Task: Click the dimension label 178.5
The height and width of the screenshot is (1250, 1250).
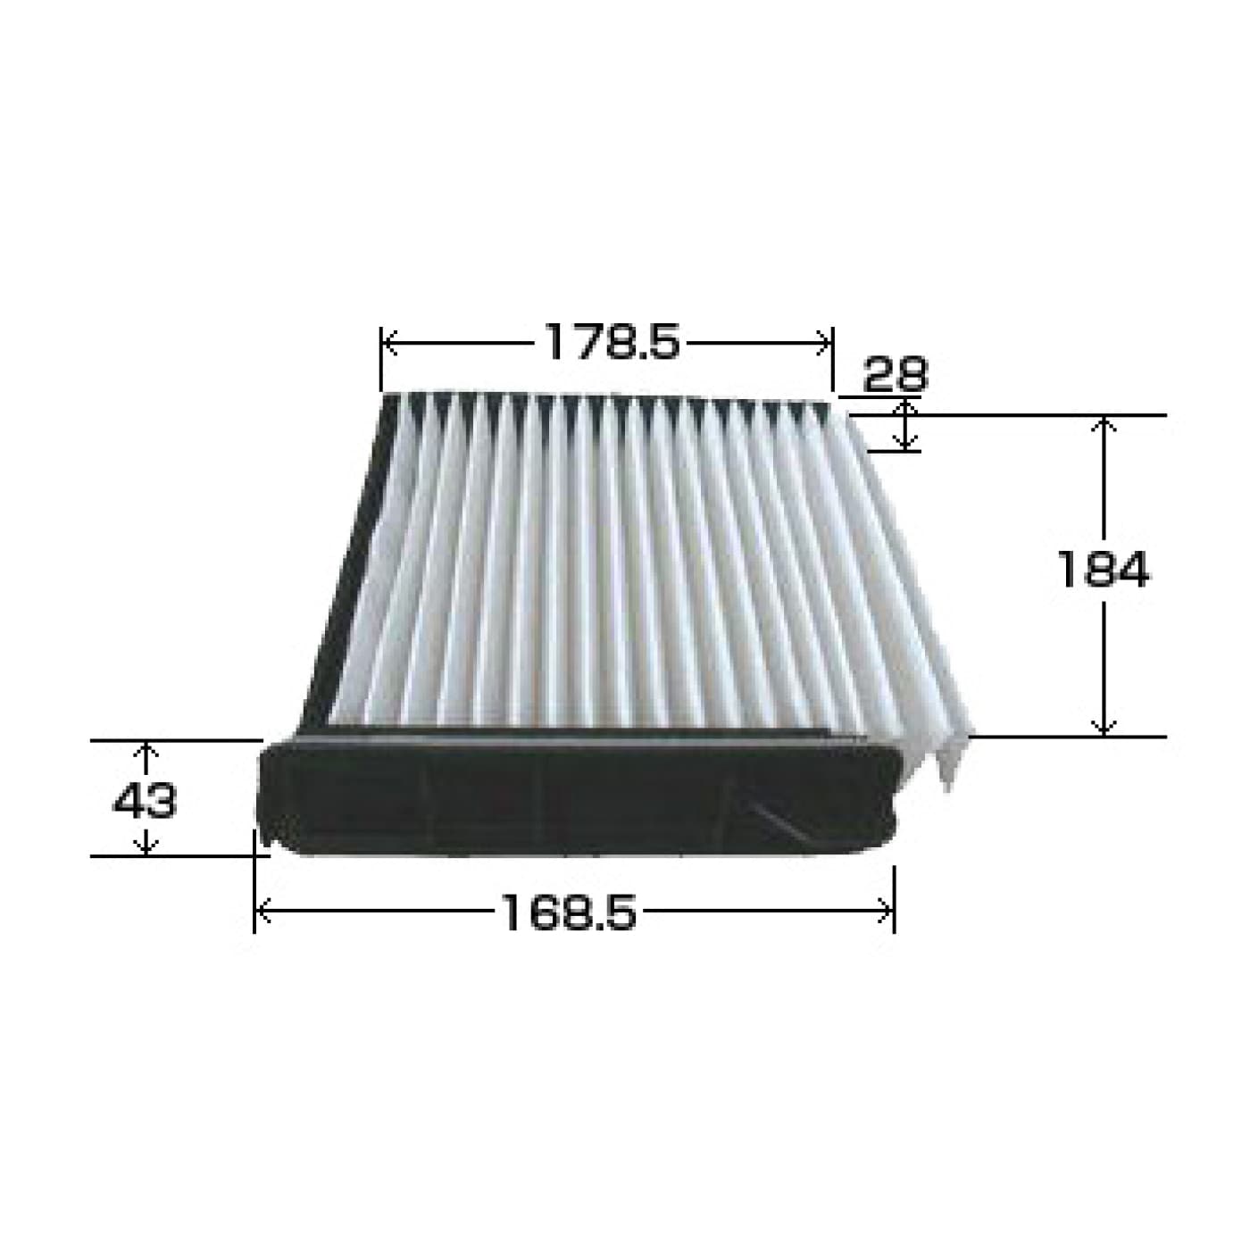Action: [x=612, y=341]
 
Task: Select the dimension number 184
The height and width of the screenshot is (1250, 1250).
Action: [x=1102, y=569]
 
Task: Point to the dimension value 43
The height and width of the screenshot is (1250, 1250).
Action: [x=144, y=801]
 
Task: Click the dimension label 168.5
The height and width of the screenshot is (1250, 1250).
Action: [x=569, y=912]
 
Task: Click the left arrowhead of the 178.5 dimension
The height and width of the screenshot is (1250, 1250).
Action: [x=390, y=342]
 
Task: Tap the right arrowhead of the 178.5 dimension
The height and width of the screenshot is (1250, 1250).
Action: [x=824, y=342]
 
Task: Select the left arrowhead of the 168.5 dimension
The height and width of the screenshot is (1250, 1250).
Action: [x=262, y=912]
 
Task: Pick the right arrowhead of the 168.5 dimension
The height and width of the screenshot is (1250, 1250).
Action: [x=885, y=912]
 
